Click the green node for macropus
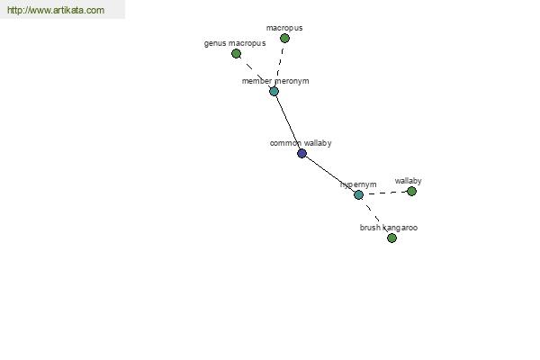(x=284, y=38)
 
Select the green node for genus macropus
(x=236, y=53)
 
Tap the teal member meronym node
(x=274, y=91)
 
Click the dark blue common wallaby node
(x=301, y=153)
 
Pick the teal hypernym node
(x=358, y=194)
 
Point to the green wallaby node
(x=411, y=191)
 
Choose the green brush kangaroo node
(x=391, y=238)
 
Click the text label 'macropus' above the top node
(x=284, y=28)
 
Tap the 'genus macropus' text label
(x=235, y=43)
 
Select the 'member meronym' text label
(x=275, y=81)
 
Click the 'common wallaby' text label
(x=301, y=143)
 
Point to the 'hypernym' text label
(x=358, y=184)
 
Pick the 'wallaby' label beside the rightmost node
(x=408, y=181)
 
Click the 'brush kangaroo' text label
(x=389, y=228)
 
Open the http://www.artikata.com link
(x=56, y=10)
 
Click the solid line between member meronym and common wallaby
(x=288, y=122)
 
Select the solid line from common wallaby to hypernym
(x=330, y=174)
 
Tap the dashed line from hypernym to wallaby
(x=385, y=193)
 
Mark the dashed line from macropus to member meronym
(x=279, y=65)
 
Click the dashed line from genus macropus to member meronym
(x=255, y=72)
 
